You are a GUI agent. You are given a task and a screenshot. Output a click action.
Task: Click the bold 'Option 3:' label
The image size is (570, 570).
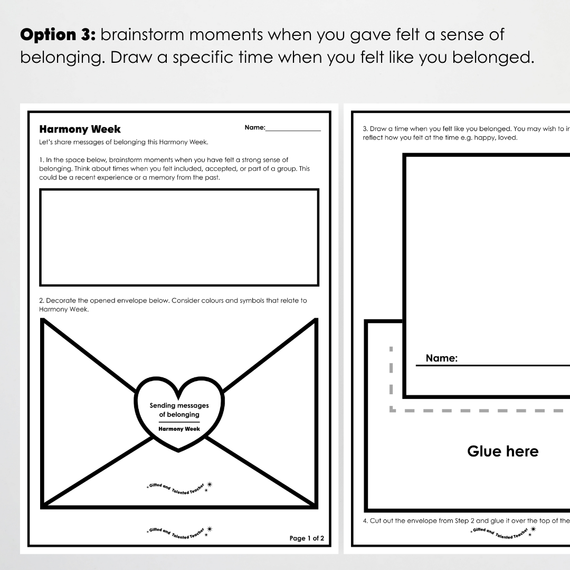click(57, 35)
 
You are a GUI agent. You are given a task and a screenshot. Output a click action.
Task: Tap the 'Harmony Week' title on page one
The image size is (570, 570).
click(80, 129)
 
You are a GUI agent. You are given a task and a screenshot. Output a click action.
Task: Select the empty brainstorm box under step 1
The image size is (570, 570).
click(179, 237)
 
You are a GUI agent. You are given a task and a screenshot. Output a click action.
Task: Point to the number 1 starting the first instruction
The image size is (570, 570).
click(41, 159)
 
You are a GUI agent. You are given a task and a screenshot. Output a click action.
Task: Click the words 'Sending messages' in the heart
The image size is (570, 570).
click(179, 405)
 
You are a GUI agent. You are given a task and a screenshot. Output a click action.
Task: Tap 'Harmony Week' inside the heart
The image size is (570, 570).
click(179, 429)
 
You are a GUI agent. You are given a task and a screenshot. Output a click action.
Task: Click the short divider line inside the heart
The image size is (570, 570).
click(179, 422)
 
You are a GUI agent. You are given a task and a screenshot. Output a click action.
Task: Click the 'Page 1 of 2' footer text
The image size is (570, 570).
click(307, 538)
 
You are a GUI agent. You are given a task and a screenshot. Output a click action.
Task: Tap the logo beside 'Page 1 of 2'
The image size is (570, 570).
click(179, 532)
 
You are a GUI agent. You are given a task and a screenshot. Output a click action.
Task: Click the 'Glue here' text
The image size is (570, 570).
click(502, 451)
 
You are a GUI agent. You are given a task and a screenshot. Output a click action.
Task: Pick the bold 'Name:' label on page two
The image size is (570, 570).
click(441, 358)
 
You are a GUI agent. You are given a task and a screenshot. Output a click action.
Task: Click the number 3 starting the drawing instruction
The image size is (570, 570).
click(365, 129)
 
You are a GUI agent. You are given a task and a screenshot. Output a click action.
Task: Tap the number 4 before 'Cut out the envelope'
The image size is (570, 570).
click(365, 521)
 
